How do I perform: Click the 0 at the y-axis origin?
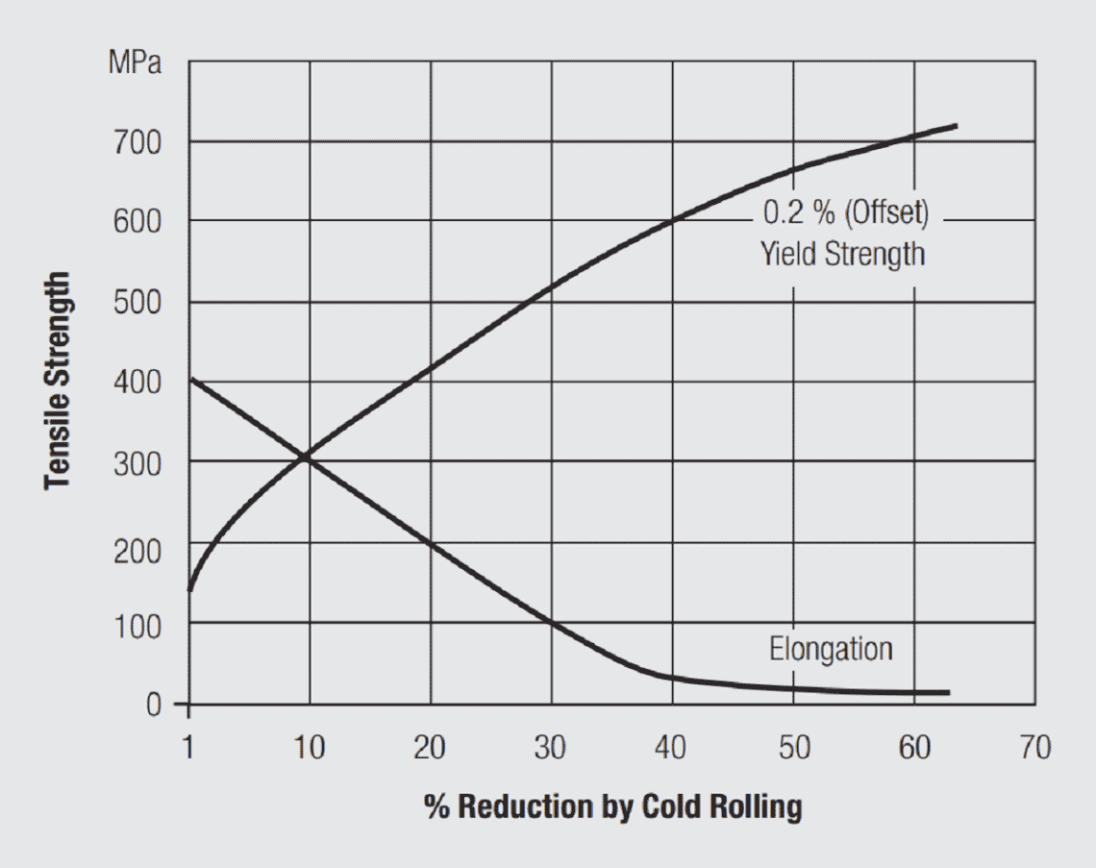click(x=154, y=705)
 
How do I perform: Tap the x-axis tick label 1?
click(x=188, y=748)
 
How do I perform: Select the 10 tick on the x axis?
click(x=310, y=748)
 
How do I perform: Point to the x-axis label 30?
click(x=551, y=748)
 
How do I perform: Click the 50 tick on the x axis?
click(x=794, y=748)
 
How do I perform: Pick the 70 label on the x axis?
click(x=1035, y=748)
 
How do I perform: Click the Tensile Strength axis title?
click(x=59, y=381)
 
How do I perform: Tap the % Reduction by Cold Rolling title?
click(x=612, y=806)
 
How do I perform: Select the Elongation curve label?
click(x=831, y=649)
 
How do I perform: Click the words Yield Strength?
click(x=843, y=254)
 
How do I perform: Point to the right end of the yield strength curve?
click(x=956, y=126)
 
